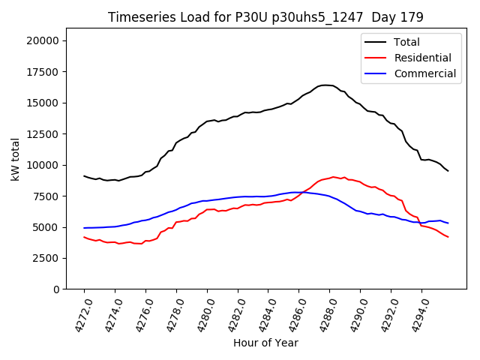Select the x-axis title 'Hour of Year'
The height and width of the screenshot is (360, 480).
[265, 343]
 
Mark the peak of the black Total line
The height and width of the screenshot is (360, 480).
[325, 85]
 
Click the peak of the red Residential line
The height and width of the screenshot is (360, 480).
[334, 177]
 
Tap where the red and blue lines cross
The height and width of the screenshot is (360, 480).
[301, 193]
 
